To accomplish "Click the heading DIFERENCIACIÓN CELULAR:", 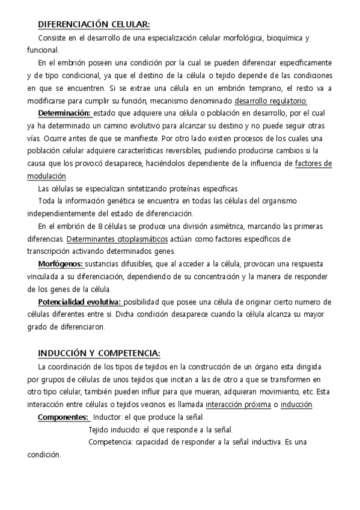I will click(x=93, y=24).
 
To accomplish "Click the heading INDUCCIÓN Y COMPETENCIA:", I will click(x=99, y=352).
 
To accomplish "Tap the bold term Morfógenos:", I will click(x=61, y=263).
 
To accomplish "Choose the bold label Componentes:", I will click(x=63, y=417).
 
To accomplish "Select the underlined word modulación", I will click(x=47, y=176).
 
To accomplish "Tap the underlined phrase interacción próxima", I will click(x=237, y=404).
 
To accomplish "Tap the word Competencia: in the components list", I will click(x=110, y=442).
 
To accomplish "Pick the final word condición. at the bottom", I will click(x=44, y=455).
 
